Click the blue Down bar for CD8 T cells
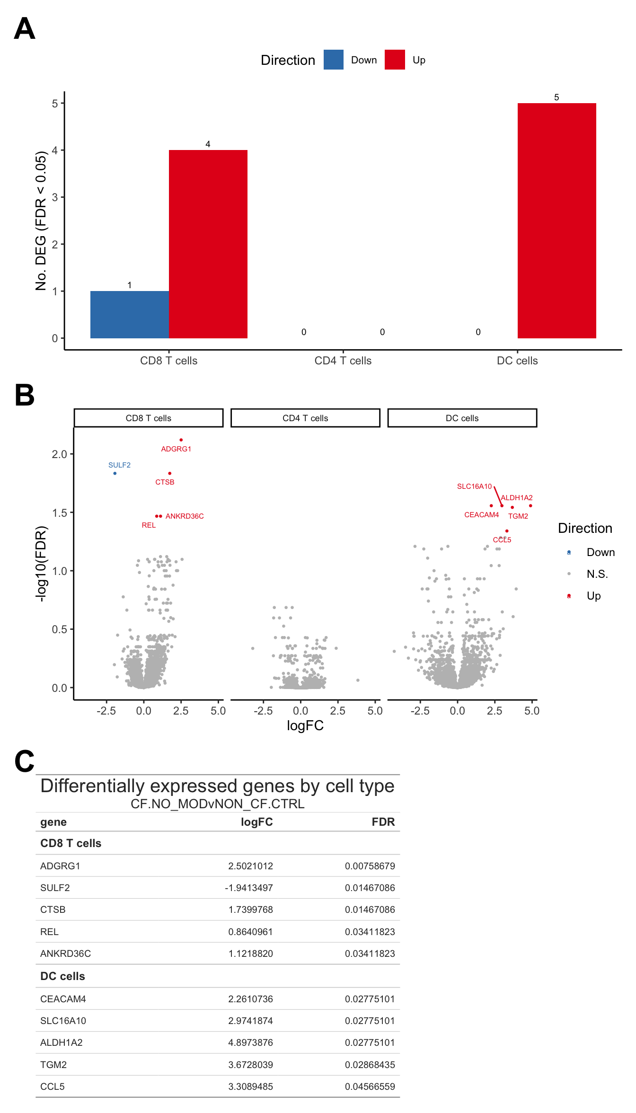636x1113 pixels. tap(129, 314)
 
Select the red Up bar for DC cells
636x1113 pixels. tap(556, 221)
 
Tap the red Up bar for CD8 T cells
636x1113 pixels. tap(208, 244)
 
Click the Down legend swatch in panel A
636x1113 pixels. tap(333, 60)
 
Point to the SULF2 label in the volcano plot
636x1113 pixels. tap(119, 465)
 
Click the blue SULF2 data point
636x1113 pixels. tap(115, 473)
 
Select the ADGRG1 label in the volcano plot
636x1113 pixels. tap(176, 449)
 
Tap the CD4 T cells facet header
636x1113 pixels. tap(305, 418)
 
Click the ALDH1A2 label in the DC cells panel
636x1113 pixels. tap(517, 498)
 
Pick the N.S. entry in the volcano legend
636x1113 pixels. tap(597, 574)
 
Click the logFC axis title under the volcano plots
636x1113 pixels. tap(305, 725)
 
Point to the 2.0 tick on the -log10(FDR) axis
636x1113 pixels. tap(60, 454)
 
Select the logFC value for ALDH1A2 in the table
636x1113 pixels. tap(250, 1042)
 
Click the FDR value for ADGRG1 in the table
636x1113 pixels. tap(370, 866)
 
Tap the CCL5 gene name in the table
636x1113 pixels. tap(53, 1086)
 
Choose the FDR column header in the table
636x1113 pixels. tap(383, 822)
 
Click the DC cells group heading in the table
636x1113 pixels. tap(62, 976)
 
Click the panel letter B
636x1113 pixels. tap(25, 395)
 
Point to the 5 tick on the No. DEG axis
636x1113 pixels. tap(55, 103)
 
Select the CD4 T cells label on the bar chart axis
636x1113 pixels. tap(343, 361)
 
